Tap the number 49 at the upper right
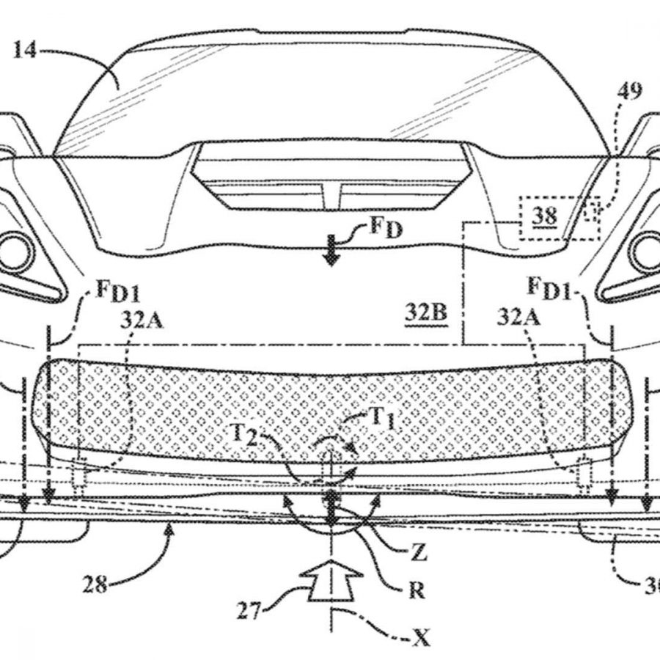pyautogui.click(x=629, y=92)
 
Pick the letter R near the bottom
pyautogui.click(x=417, y=591)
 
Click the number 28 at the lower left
pyautogui.click(x=95, y=584)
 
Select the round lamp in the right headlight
pyautogui.click(x=647, y=252)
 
